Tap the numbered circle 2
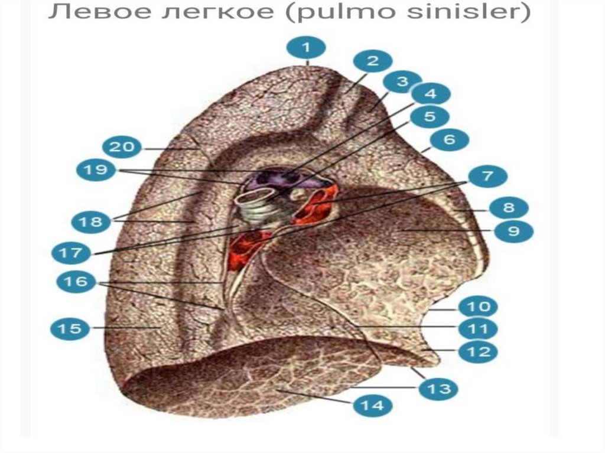click(372, 60)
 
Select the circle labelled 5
click(430, 117)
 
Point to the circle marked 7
click(487, 176)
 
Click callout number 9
click(513, 231)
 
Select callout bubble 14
click(373, 405)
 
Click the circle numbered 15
click(70, 328)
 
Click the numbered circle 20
click(122, 146)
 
